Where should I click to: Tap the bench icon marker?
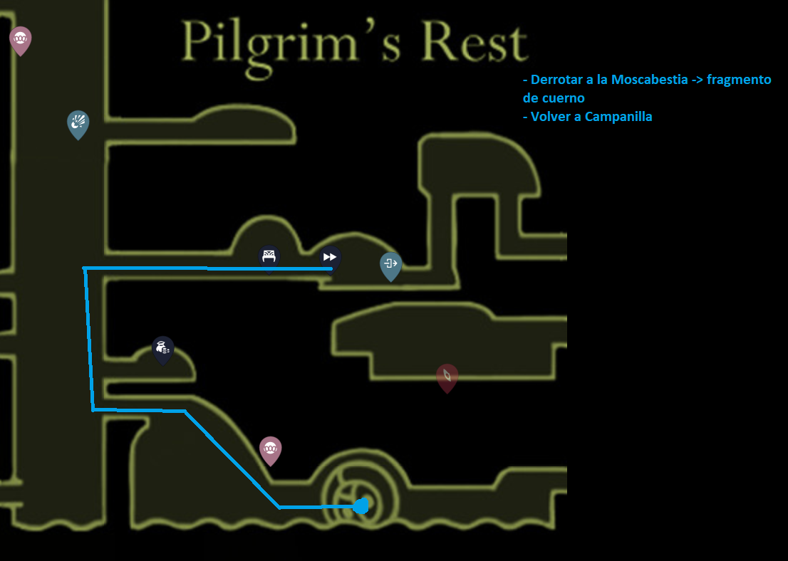[x=269, y=256]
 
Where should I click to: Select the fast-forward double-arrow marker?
[x=330, y=256]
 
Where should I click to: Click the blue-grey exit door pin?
[x=390, y=265]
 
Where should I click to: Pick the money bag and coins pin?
[x=163, y=349]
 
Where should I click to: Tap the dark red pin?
[x=447, y=377]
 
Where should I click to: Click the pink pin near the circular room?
[x=270, y=449]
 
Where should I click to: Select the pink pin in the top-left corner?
[x=20, y=39]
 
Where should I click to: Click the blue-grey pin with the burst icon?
[x=78, y=123]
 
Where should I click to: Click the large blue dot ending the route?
[x=361, y=506]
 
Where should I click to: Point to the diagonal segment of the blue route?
[x=232, y=459]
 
